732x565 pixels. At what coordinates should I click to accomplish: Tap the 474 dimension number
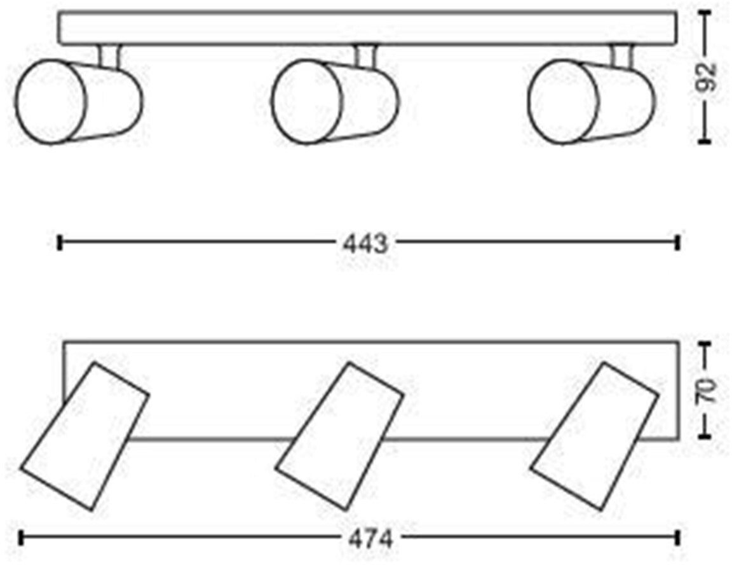(x=370, y=540)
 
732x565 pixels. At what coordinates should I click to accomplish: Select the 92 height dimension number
(x=705, y=78)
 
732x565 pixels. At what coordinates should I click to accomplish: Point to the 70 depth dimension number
(x=705, y=391)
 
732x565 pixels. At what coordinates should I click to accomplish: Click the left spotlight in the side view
(x=78, y=101)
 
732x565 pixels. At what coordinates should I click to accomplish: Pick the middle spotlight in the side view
(x=335, y=101)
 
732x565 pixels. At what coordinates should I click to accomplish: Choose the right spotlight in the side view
(x=591, y=101)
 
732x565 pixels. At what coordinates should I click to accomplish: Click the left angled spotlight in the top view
(x=85, y=436)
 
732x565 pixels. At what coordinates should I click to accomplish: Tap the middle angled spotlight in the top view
(x=339, y=436)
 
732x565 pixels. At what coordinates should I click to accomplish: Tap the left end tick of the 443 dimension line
(x=59, y=242)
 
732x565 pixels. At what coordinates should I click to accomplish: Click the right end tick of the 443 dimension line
(x=679, y=242)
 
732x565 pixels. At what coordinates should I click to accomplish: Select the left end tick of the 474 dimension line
(x=21, y=539)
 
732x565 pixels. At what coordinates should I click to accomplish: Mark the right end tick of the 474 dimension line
(x=679, y=539)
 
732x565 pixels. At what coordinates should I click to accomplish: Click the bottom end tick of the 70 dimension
(x=703, y=436)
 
